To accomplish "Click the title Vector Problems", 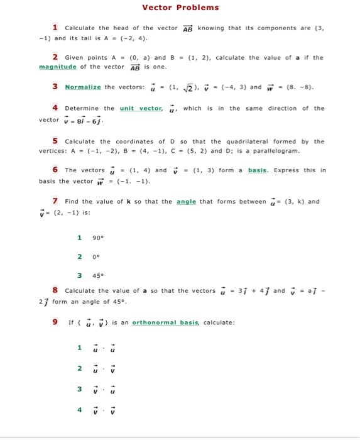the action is pos(180,8).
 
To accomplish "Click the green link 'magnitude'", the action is pos(57,67).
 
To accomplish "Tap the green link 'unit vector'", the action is pos(141,108).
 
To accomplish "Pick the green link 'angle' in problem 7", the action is pos(187,201).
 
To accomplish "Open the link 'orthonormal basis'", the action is pos(165,322).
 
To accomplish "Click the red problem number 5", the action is pos(55,140).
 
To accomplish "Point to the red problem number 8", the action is pos(55,290).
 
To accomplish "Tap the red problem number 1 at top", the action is pos(55,27).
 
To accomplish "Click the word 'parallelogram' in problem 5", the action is pos(273,151).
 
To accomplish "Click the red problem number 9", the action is pos(55,322).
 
